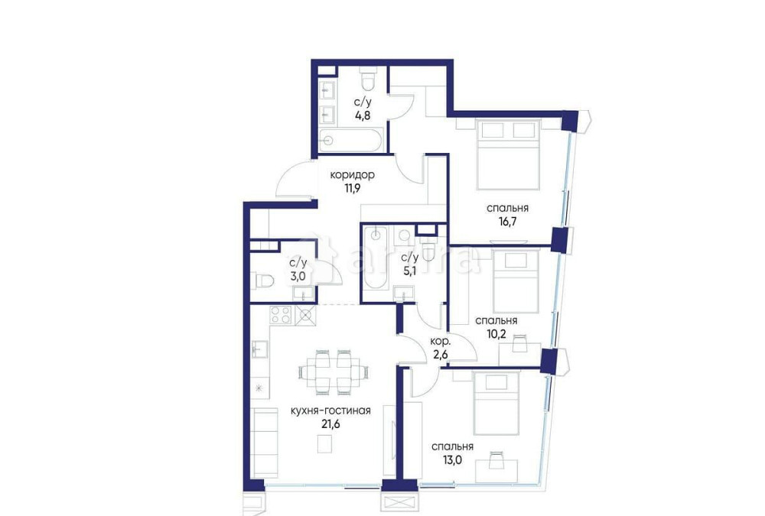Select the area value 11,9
coord(353,188)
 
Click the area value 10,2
coord(496,334)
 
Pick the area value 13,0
coord(451,461)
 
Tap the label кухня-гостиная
coord(330,410)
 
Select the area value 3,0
coord(298,276)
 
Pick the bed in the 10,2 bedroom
coord(516,279)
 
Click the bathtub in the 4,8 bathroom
coord(352,141)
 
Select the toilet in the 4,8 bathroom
coord(369,79)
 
